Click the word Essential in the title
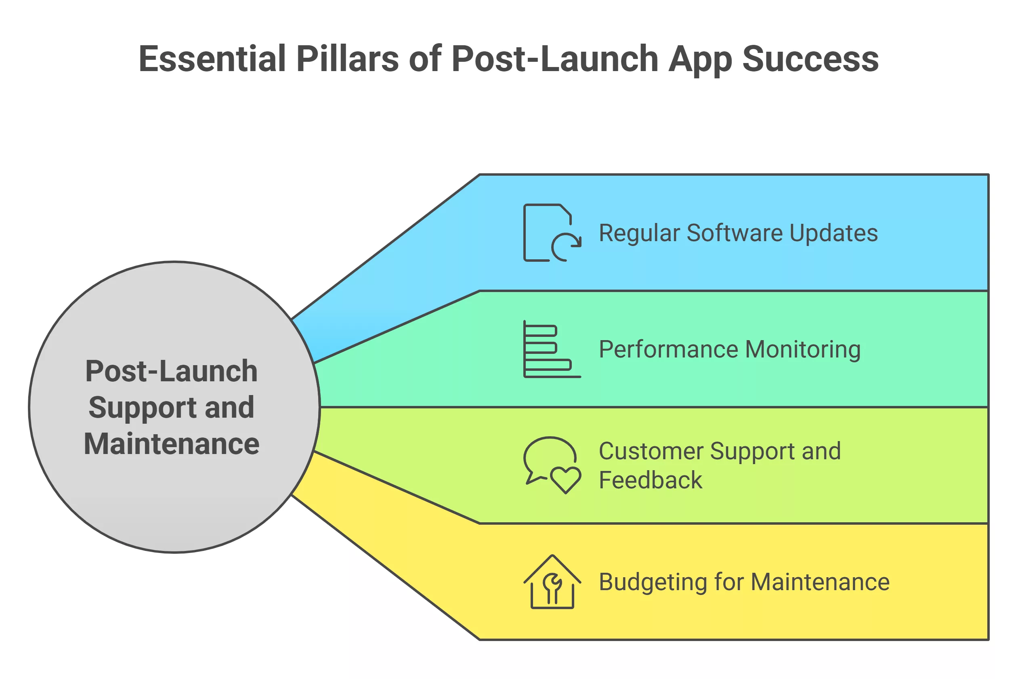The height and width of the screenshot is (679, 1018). pos(212,59)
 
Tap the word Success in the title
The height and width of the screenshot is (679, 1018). pos(810,59)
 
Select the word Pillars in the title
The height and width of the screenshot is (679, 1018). pos(347,59)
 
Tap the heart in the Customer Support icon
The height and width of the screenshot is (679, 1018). pos(566,480)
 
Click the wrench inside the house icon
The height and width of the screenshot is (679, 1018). pos(552,587)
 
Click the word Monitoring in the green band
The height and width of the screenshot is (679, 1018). pos(802,350)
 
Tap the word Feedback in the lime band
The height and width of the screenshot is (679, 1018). pos(650,480)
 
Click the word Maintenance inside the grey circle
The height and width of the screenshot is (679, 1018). pos(171,444)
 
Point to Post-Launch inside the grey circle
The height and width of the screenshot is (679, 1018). pos(171,371)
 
